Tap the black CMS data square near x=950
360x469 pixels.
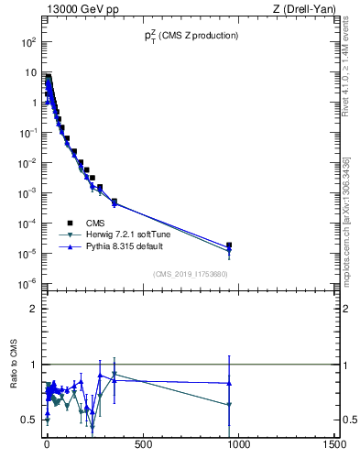pyautogui.click(x=229, y=245)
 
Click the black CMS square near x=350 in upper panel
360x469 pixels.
pyautogui.click(x=115, y=202)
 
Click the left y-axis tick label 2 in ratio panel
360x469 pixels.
pyautogui.click(x=34, y=309)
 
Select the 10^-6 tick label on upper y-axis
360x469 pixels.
pyautogui.click(x=26, y=283)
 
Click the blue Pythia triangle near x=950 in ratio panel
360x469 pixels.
pyautogui.click(x=229, y=383)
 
